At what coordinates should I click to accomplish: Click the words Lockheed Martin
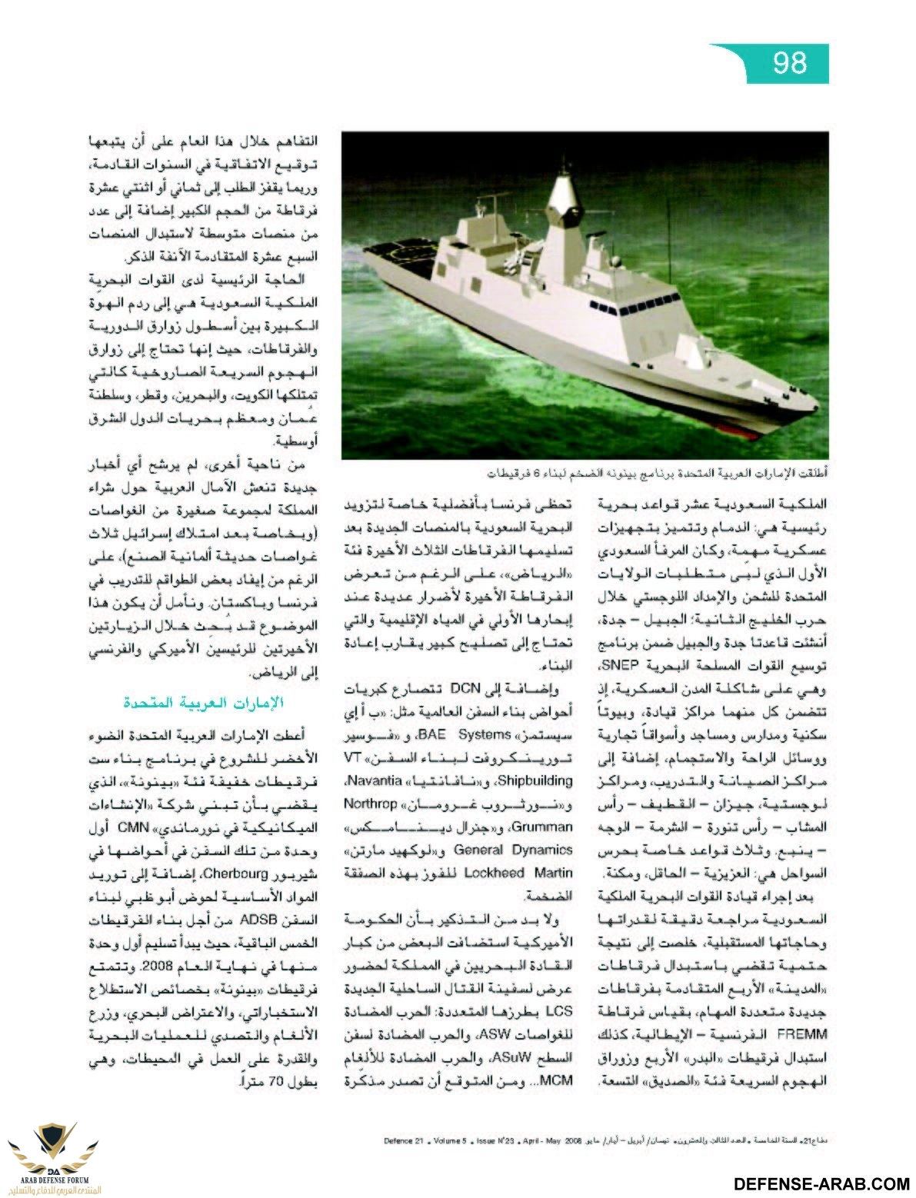[529, 873]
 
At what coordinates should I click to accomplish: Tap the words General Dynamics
[513, 850]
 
